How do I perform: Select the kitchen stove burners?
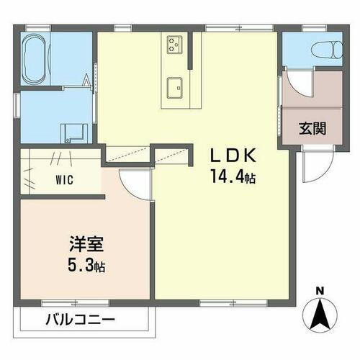click(x=175, y=45)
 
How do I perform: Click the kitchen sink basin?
click(x=175, y=86)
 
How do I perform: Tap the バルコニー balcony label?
click(x=81, y=318)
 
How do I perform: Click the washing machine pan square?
click(x=74, y=131)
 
